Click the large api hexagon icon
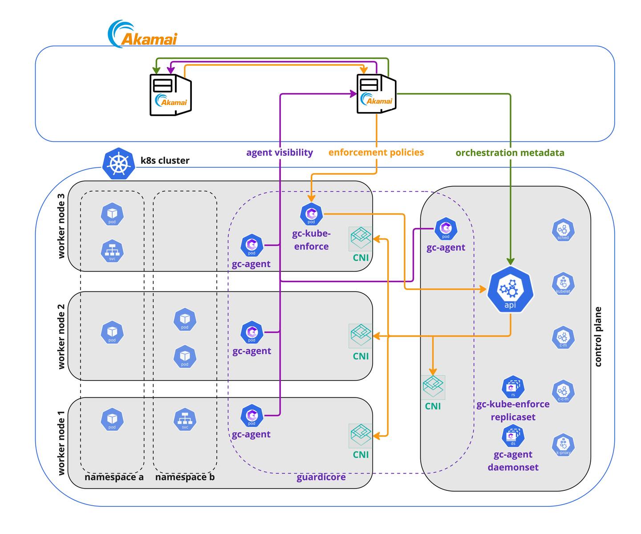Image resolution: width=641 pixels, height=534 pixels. [510, 290]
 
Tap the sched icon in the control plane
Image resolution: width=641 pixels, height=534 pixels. [563, 231]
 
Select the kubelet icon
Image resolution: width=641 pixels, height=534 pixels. [563, 283]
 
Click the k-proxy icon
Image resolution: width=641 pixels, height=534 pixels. [563, 445]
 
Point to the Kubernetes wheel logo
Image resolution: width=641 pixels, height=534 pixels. [118, 163]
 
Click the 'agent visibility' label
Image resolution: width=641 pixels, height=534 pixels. [280, 153]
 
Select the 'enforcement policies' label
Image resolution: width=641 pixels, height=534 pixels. [376, 153]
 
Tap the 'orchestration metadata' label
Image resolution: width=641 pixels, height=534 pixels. [510, 153]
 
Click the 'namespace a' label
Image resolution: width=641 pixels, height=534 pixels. [114, 477]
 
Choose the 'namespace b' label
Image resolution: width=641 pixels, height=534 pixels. [185, 477]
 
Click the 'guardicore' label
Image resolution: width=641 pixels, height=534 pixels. [321, 477]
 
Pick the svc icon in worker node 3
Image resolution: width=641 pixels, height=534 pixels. [112, 251]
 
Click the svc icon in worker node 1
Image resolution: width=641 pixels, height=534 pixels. [185, 420]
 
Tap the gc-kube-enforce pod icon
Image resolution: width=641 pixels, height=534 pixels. [311, 214]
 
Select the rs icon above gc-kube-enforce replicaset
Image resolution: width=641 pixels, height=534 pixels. [513, 387]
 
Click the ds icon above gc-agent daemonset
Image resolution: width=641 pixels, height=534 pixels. [513, 437]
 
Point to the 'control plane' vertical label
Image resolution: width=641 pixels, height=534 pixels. [598, 336]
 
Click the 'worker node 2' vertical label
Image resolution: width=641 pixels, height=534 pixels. [61, 336]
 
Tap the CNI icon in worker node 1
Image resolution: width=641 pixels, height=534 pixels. [360, 436]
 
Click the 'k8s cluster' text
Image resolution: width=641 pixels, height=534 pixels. [165, 161]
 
